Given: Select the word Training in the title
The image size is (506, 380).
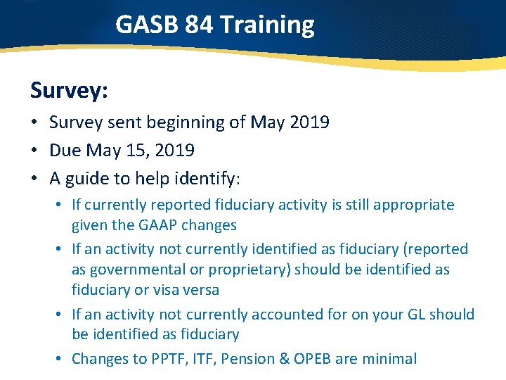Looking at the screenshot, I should [x=267, y=25].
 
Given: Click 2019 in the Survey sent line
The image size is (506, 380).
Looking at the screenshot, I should [x=310, y=122].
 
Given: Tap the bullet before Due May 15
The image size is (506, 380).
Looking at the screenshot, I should [x=34, y=151].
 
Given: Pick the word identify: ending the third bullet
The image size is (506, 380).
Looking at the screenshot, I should [x=208, y=179].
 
